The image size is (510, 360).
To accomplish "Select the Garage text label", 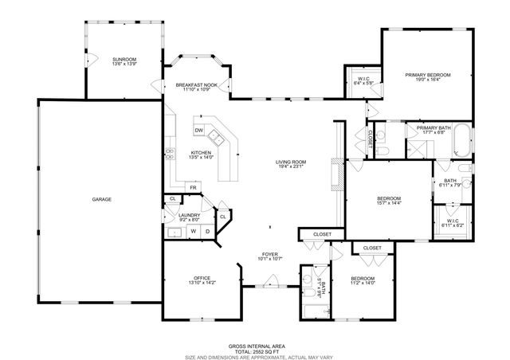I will [x=100, y=198].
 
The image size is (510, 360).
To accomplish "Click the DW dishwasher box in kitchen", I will [x=199, y=131].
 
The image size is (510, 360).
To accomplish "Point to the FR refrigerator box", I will [x=192, y=187].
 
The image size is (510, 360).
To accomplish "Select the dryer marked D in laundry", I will [x=206, y=232].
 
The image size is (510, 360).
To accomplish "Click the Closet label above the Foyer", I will [x=322, y=234].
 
